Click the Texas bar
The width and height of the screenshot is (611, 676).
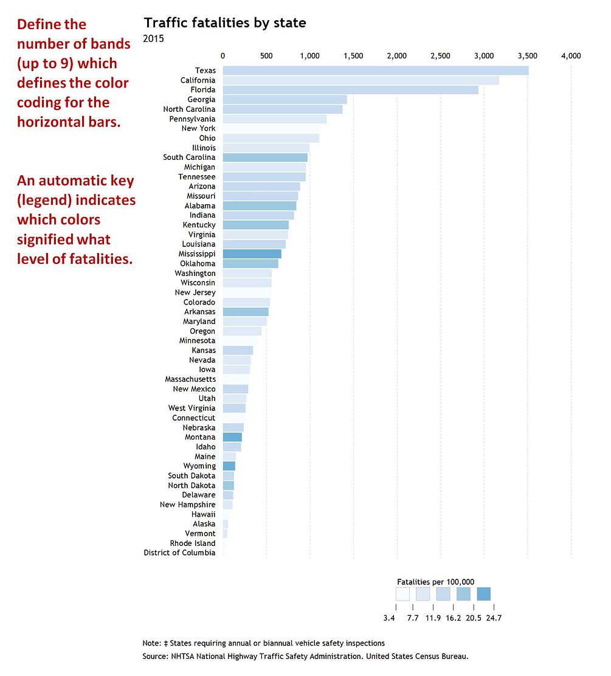(x=375, y=71)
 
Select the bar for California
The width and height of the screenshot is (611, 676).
(x=361, y=80)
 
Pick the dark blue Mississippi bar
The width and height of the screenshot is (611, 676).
(x=252, y=253)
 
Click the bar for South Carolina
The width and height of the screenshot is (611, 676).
(x=265, y=157)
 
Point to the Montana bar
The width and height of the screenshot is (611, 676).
(x=232, y=437)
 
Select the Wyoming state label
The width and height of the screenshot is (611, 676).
(x=200, y=466)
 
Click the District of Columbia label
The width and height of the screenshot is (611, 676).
(x=179, y=553)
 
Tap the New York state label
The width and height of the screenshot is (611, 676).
(x=198, y=128)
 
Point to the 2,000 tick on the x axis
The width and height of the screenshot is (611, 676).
(x=396, y=56)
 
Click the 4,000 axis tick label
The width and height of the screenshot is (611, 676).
(x=571, y=56)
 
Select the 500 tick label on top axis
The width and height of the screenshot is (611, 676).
(x=266, y=56)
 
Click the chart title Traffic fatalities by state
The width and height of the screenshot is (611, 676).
(x=224, y=23)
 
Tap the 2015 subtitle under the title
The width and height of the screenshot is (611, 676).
(x=153, y=39)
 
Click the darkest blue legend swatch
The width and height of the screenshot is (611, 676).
(x=483, y=593)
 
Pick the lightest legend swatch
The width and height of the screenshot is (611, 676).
(x=402, y=593)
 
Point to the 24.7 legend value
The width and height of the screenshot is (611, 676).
(x=493, y=618)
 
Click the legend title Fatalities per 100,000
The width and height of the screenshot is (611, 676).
(x=435, y=581)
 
